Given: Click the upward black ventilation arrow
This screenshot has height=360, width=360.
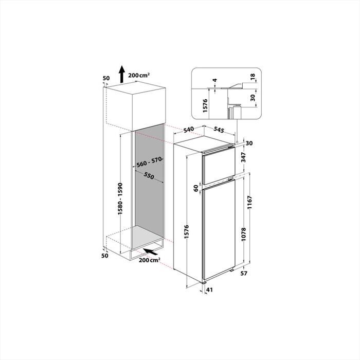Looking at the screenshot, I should [x=121, y=75].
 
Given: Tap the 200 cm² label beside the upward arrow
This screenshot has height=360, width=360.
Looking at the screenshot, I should [x=139, y=75].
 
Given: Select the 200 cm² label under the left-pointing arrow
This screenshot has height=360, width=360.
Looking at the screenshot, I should [x=149, y=261].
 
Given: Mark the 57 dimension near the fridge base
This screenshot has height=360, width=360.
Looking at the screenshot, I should [x=244, y=273].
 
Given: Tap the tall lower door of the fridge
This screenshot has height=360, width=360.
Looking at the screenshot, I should [x=219, y=226].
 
